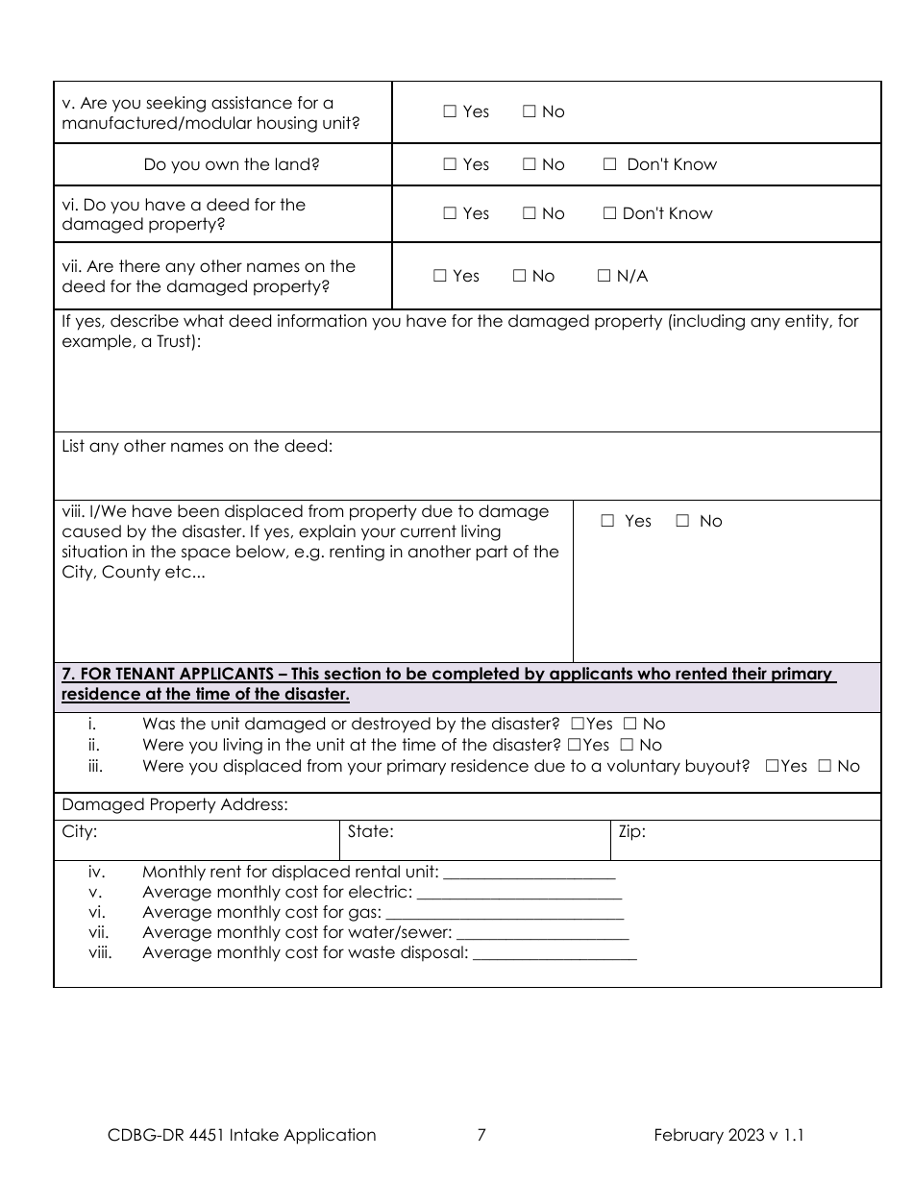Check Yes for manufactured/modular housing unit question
(x=450, y=111)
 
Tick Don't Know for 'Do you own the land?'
(x=609, y=164)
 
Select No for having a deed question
(x=530, y=213)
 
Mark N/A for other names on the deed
(x=604, y=276)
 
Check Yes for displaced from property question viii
(x=607, y=521)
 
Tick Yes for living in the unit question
(x=573, y=745)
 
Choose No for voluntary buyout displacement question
(x=825, y=766)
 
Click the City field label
(x=79, y=831)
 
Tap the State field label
(x=370, y=831)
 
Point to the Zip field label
(x=631, y=831)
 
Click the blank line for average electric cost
(x=520, y=894)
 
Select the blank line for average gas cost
(x=505, y=914)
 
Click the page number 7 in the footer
(x=481, y=1135)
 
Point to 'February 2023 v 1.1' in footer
(x=728, y=1135)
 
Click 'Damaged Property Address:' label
(x=175, y=804)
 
